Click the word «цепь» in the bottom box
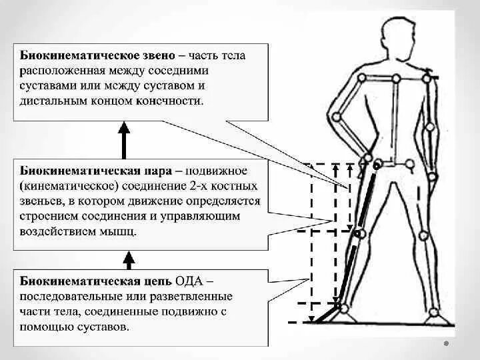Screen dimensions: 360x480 tap(154, 279)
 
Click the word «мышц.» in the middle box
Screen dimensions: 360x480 tap(121, 233)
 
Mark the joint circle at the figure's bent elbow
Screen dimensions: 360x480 tap(337, 117)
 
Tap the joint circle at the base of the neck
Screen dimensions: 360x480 tap(395, 77)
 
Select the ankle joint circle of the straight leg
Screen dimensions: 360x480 tap(433, 312)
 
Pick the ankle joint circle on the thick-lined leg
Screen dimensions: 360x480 tap(343, 307)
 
